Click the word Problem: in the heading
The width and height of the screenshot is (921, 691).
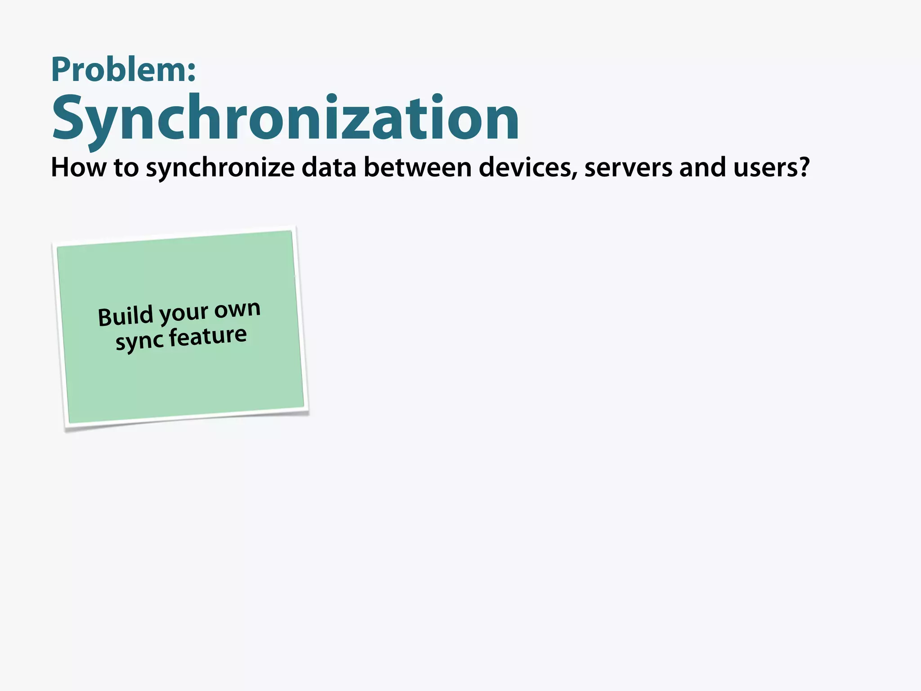(x=124, y=70)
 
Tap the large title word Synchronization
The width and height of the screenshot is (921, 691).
(x=286, y=118)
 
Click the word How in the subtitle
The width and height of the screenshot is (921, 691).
(x=79, y=167)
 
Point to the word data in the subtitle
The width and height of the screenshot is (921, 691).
(x=329, y=167)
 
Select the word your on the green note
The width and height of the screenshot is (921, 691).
(x=184, y=313)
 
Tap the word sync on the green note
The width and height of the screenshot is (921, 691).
(x=139, y=341)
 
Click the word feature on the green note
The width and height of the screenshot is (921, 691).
(x=208, y=337)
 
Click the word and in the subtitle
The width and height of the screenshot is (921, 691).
(x=702, y=167)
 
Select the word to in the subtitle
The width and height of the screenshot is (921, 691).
(x=126, y=167)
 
